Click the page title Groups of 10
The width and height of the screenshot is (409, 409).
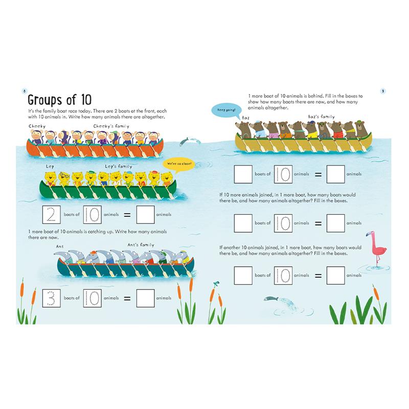coord(59,100)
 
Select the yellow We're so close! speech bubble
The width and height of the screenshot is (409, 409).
coord(179,165)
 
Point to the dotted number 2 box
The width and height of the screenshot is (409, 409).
coord(52,215)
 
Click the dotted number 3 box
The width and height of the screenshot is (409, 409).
coord(52,298)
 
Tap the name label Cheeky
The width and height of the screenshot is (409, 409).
coord(37,126)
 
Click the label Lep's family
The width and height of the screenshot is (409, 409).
coord(119,167)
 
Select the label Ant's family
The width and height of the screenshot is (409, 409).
coord(141,245)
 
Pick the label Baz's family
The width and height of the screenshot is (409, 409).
coord(321,117)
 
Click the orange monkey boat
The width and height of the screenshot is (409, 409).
coord(95,148)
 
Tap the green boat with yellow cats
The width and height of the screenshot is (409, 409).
coord(108,189)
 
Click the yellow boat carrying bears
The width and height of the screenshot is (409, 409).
coord(303,143)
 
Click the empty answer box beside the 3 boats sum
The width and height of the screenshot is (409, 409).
coord(146,298)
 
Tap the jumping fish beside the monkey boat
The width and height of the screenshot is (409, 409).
coord(190,141)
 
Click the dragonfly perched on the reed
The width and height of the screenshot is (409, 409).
coord(216,283)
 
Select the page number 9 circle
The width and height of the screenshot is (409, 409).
coord(383,91)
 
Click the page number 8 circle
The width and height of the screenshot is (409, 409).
coord(24,91)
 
